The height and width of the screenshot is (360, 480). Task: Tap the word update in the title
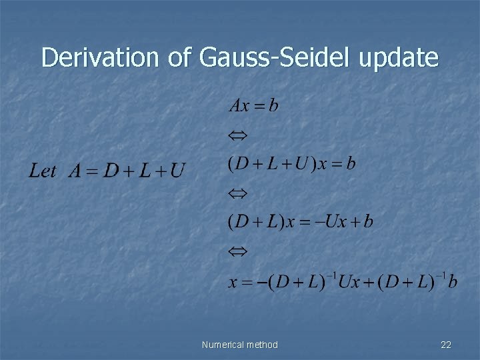(x=399, y=58)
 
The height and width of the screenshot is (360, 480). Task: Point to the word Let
(x=43, y=171)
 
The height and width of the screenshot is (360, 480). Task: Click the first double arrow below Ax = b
(x=237, y=135)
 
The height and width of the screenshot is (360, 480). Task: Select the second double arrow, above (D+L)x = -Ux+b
(x=237, y=193)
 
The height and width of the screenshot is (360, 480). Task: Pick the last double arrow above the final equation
(x=237, y=251)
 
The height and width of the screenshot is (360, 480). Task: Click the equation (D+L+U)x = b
(x=292, y=164)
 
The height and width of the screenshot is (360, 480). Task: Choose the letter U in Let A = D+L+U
(x=177, y=172)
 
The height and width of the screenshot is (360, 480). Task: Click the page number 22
(x=446, y=345)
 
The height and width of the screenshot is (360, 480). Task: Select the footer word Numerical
(x=223, y=345)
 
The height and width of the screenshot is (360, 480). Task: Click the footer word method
(x=263, y=345)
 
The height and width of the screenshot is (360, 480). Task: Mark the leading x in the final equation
(x=233, y=283)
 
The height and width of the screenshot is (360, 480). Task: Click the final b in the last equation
(x=453, y=282)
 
